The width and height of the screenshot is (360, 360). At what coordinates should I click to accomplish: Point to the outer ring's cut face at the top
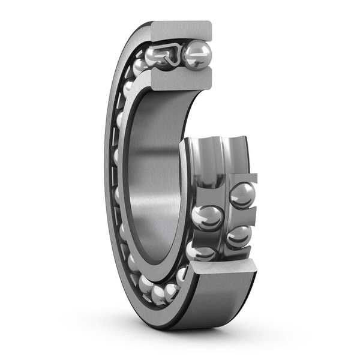[x=181, y=31]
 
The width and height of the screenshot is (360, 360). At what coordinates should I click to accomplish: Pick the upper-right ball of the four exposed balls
[x=242, y=195]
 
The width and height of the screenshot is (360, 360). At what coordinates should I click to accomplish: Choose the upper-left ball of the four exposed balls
[x=208, y=217]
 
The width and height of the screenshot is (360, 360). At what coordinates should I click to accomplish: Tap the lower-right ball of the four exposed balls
[x=239, y=236]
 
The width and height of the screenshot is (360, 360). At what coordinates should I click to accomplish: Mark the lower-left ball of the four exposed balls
[x=201, y=250]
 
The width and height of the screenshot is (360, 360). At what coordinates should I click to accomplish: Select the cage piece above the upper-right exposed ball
[x=242, y=178]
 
